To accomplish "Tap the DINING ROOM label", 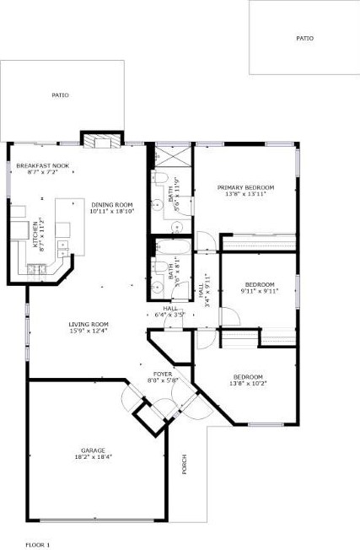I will coord(112,204).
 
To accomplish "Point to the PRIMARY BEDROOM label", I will coord(245,187).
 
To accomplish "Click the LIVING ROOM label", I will coord(89,324).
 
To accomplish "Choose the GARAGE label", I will coord(93,450).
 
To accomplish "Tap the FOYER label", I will coord(163,373).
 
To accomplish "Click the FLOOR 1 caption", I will coord(38,544).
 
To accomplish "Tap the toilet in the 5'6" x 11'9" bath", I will coord(157,205).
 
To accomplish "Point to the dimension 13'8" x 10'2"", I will coord(248,383).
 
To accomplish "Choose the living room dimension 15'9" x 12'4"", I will coord(89,331).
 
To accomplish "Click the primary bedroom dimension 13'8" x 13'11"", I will coord(245,194).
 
